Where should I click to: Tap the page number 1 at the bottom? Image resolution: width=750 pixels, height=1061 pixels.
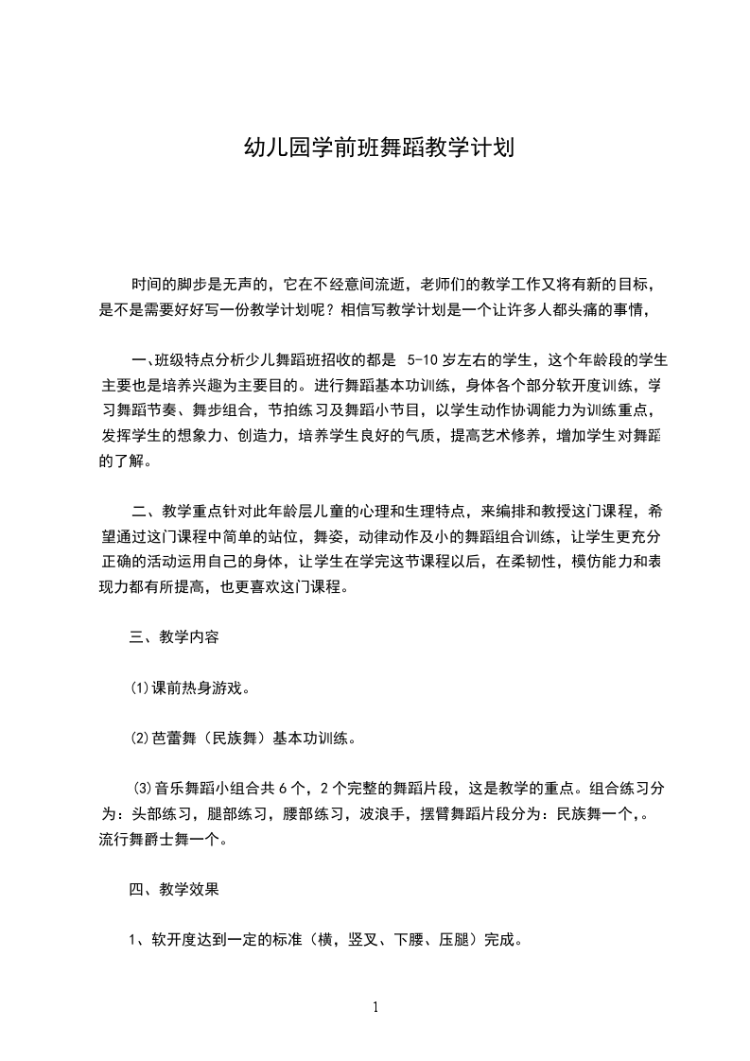pos(375,1007)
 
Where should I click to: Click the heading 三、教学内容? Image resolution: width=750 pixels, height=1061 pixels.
pos(174,636)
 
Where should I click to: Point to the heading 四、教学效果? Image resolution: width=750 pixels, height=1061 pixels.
pos(174,889)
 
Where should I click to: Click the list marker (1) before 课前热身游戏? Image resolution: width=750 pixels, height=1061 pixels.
pos(139,687)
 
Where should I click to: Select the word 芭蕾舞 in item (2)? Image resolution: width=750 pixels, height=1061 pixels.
pos(174,738)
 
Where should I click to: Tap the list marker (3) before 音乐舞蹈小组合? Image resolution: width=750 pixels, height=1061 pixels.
pos(143,788)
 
